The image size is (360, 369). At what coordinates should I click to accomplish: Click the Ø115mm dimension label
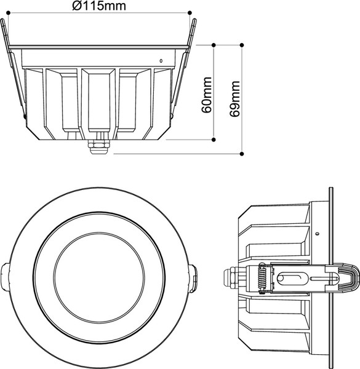(99, 6)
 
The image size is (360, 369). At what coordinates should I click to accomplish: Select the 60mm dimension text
(207, 95)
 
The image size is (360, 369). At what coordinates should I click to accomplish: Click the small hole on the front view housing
(161, 60)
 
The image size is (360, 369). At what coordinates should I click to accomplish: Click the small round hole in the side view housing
(316, 233)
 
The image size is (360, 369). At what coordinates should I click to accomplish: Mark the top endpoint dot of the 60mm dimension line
(214, 45)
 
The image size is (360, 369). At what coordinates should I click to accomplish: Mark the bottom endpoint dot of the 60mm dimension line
(214, 140)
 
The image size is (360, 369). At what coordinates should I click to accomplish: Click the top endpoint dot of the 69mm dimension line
(242, 45)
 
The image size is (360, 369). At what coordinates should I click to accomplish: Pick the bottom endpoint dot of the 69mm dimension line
(242, 153)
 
